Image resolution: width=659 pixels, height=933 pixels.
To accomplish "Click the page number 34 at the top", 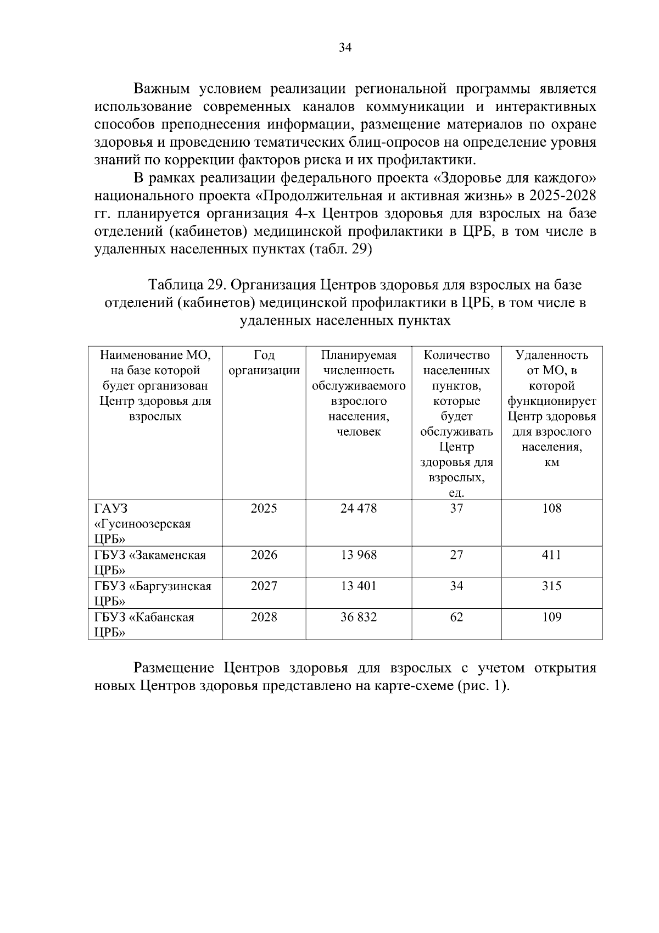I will [345, 47].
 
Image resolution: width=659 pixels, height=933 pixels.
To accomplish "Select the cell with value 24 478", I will [359, 508].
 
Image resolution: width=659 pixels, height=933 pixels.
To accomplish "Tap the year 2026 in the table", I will [264, 555].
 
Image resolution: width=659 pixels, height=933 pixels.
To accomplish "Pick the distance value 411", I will [551, 555].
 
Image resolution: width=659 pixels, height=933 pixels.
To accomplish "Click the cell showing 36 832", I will [359, 617].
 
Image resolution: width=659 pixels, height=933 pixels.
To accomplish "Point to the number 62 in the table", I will [456, 617].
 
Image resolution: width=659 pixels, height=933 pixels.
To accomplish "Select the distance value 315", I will [551, 586].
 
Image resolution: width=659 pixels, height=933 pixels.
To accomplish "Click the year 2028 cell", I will [264, 617].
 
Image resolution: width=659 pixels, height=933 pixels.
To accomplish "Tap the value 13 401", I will [359, 586].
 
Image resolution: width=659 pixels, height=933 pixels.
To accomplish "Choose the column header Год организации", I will [264, 363].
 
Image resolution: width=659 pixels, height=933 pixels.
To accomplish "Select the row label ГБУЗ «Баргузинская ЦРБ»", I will [153, 593].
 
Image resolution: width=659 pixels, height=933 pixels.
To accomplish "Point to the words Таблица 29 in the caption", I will [184, 285].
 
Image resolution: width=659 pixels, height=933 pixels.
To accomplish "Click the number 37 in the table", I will [456, 508].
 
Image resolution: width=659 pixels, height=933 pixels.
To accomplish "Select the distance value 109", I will [551, 617].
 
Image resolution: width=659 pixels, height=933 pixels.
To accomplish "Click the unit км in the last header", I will [551, 463].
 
